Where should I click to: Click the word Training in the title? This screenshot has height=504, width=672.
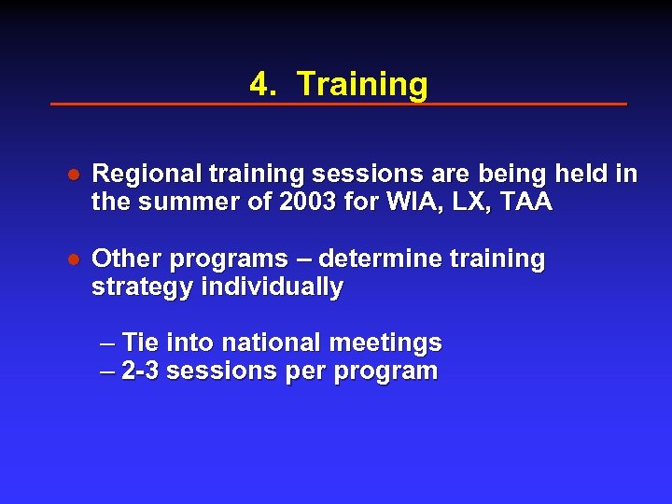click(362, 85)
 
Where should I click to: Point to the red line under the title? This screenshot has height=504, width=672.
click(338, 104)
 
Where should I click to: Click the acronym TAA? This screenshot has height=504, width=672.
click(528, 203)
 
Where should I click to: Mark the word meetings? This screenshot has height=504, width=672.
click(395, 343)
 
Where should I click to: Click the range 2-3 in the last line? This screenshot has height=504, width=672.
click(140, 371)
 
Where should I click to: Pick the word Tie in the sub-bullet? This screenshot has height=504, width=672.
click(142, 343)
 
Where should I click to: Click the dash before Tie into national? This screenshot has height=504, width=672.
click(108, 343)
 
